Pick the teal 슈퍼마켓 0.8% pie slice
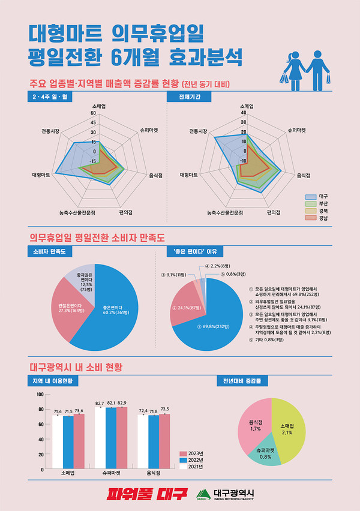(265, 453)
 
